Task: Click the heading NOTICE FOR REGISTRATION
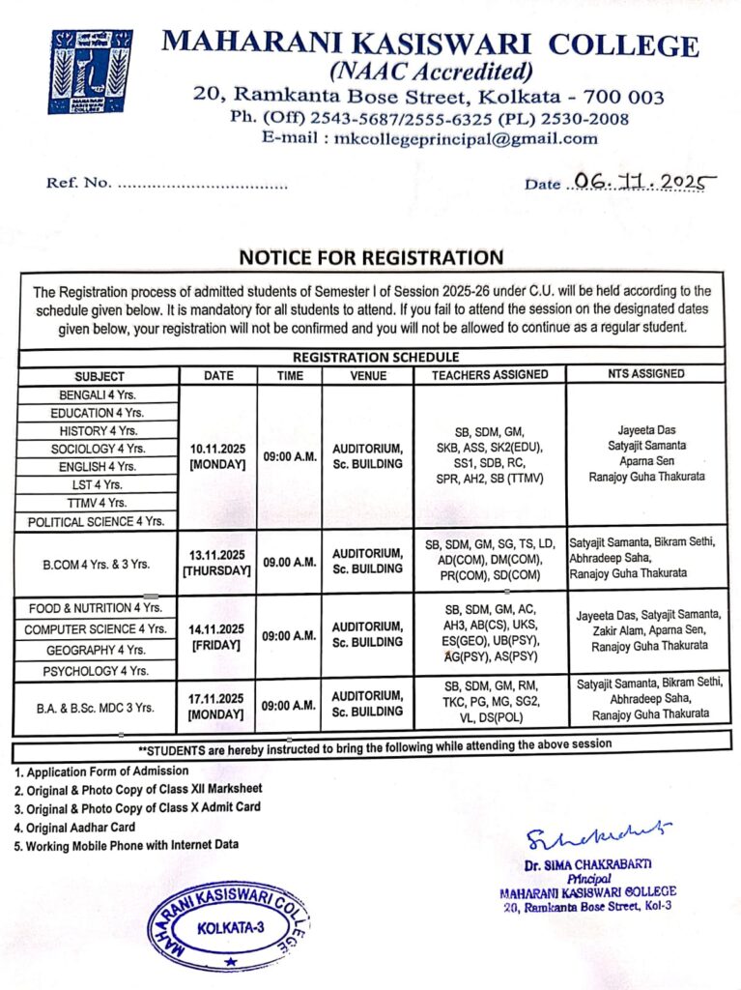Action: (x=371, y=257)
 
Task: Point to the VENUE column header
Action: (x=367, y=375)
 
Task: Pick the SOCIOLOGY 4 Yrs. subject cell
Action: (x=98, y=449)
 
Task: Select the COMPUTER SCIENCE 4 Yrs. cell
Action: (x=98, y=629)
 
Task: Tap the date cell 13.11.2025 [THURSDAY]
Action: (x=217, y=562)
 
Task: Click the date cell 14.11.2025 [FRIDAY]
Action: (x=217, y=635)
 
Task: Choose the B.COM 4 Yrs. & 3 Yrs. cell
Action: (x=98, y=562)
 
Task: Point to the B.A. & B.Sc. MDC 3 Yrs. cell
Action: (x=96, y=707)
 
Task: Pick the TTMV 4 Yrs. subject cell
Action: (x=98, y=503)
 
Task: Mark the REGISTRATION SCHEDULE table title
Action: (x=370, y=357)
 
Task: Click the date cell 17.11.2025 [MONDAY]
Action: (x=217, y=707)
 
